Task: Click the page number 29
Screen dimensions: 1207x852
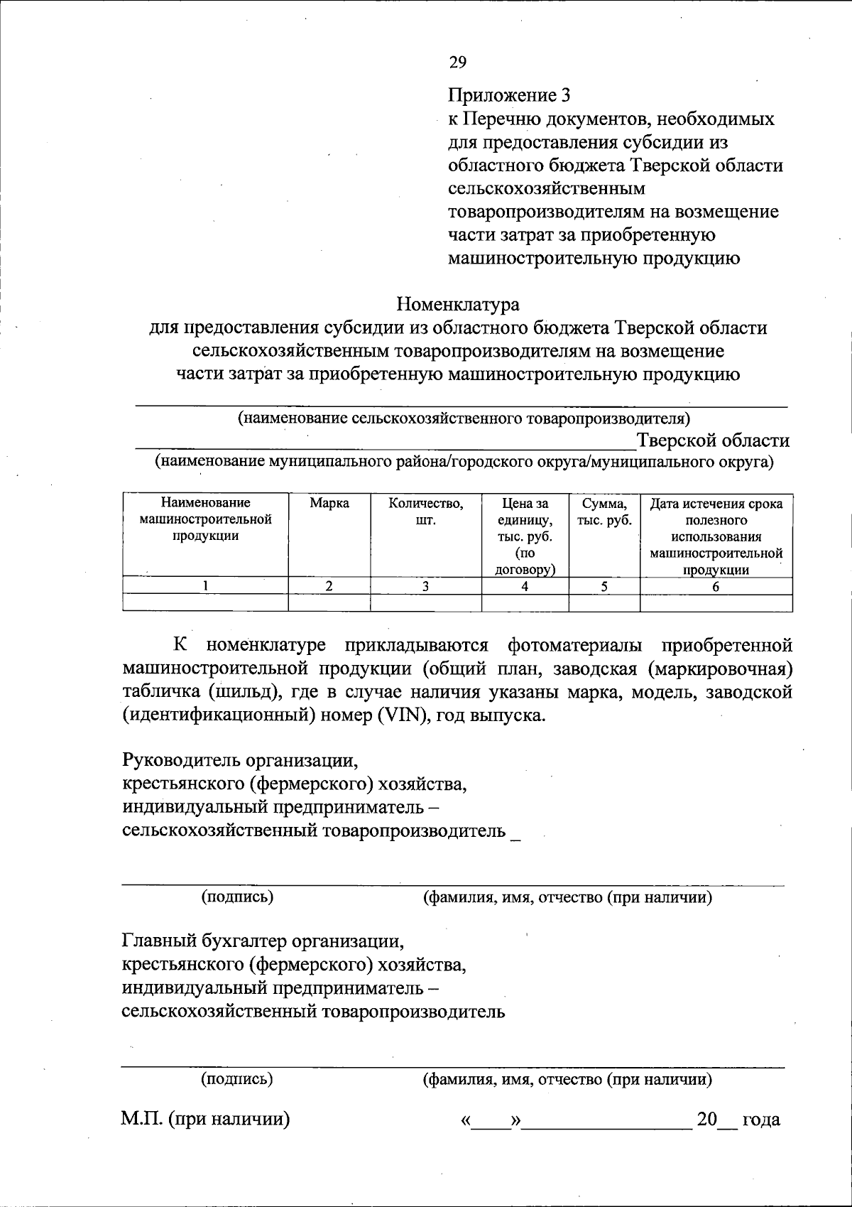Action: pos(457,63)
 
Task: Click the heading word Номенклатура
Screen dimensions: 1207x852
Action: pos(458,305)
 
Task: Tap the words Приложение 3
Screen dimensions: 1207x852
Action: pos(509,95)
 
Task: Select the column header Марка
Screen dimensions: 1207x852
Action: pos(329,504)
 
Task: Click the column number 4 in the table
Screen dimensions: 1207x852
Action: pos(525,587)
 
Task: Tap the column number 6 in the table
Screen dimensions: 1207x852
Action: pos(716,587)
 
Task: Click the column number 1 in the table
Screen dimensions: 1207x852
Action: pos(206,587)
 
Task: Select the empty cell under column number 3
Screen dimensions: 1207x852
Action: pos(425,603)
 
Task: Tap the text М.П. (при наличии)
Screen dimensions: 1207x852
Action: pos(206,1120)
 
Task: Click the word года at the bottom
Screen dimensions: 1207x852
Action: pos(760,1120)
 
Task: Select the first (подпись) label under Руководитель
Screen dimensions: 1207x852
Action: pos(237,897)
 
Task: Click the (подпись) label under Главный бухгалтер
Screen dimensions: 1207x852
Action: pos(237,1080)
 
